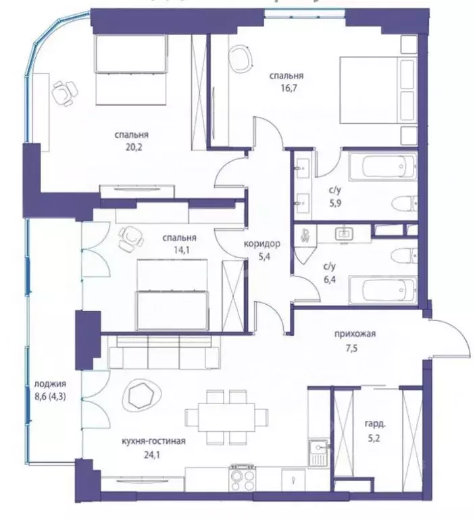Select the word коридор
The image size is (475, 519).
click(261, 243)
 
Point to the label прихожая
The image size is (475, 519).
click(354, 332)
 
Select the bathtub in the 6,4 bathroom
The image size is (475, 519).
click(383, 291)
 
